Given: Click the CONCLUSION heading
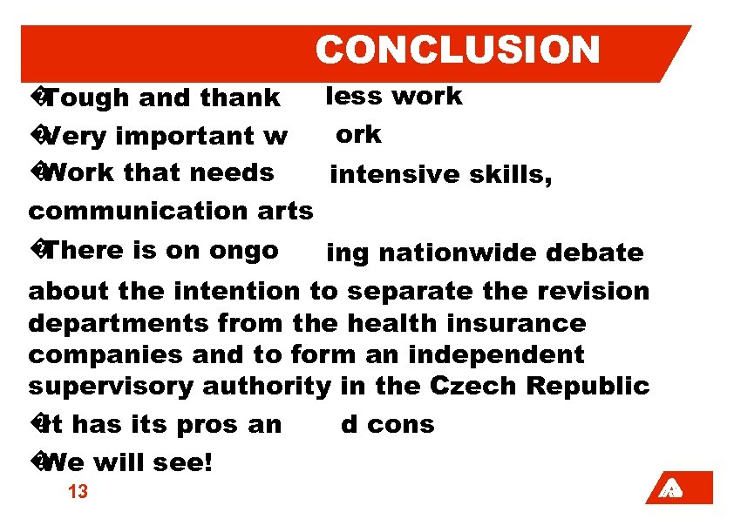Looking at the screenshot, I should (x=458, y=51).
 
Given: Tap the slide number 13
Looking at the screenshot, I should (x=78, y=492).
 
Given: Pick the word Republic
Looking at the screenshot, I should (x=604, y=387).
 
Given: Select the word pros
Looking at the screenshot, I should (x=214, y=425).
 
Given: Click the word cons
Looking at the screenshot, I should (x=400, y=425).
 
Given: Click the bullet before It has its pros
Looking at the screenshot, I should (x=37, y=424).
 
